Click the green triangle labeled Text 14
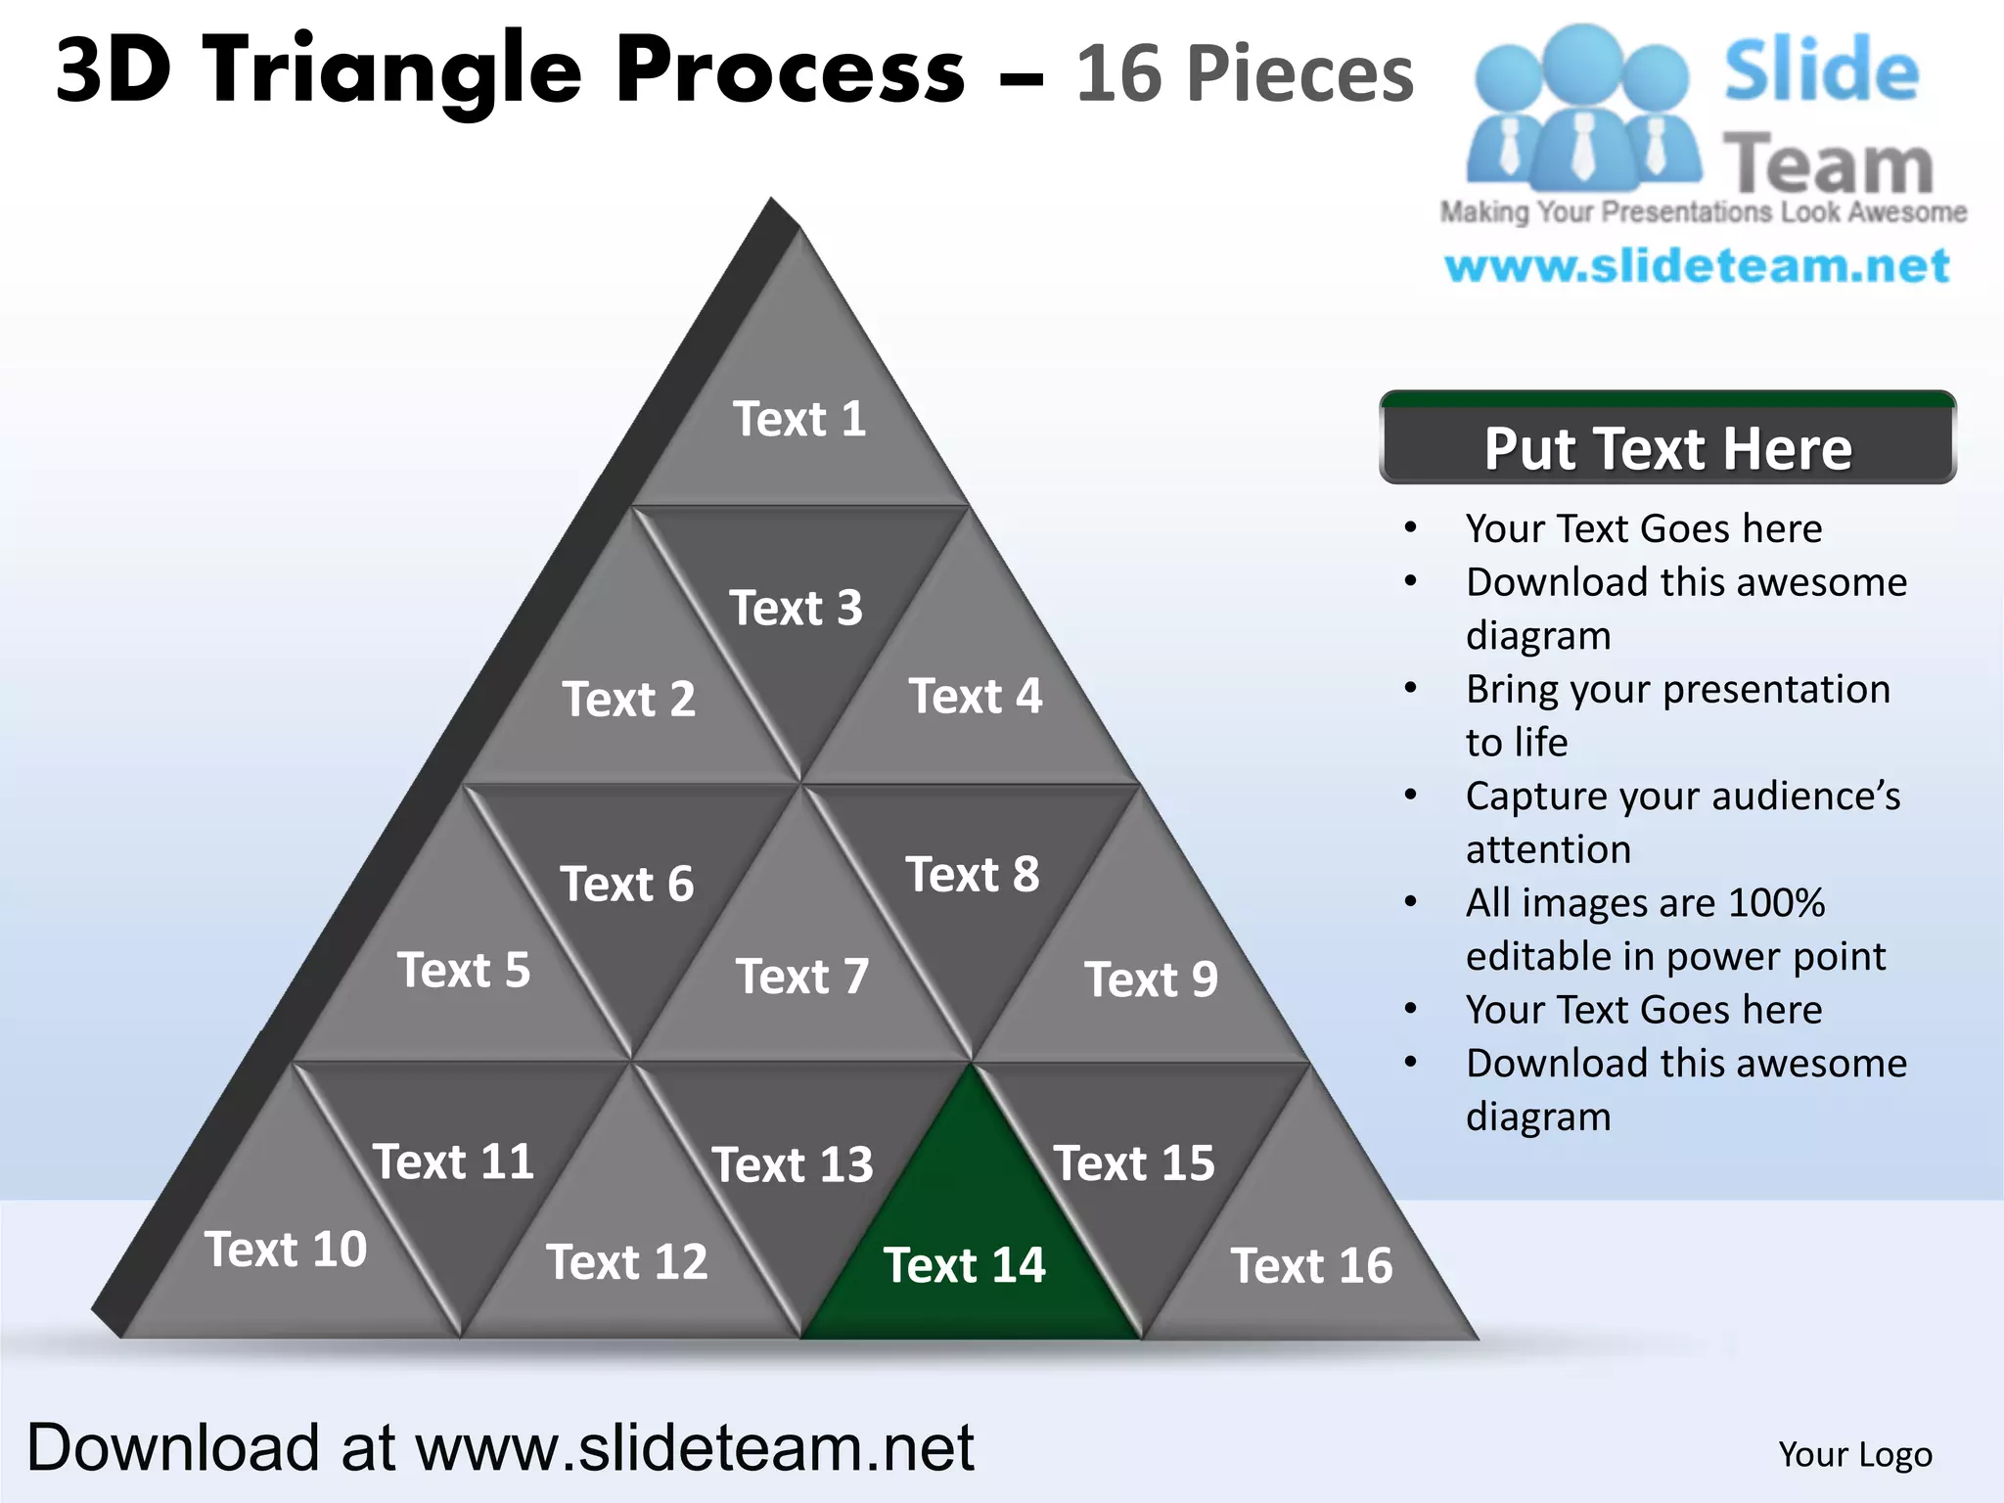969,1243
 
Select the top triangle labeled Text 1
799,419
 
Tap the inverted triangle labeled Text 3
797,609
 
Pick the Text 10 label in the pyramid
286,1250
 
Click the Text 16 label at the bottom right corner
1311,1265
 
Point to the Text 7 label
802,977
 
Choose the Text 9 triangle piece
1150,979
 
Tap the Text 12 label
626,1262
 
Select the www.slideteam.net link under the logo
1698,266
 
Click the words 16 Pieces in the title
1245,73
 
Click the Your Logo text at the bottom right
1855,1454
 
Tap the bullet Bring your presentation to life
1677,715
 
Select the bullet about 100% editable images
1675,929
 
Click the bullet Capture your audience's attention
1681,822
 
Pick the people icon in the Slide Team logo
1583,108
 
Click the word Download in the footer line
173,1447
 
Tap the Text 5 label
464,971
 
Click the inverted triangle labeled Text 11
453,1162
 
